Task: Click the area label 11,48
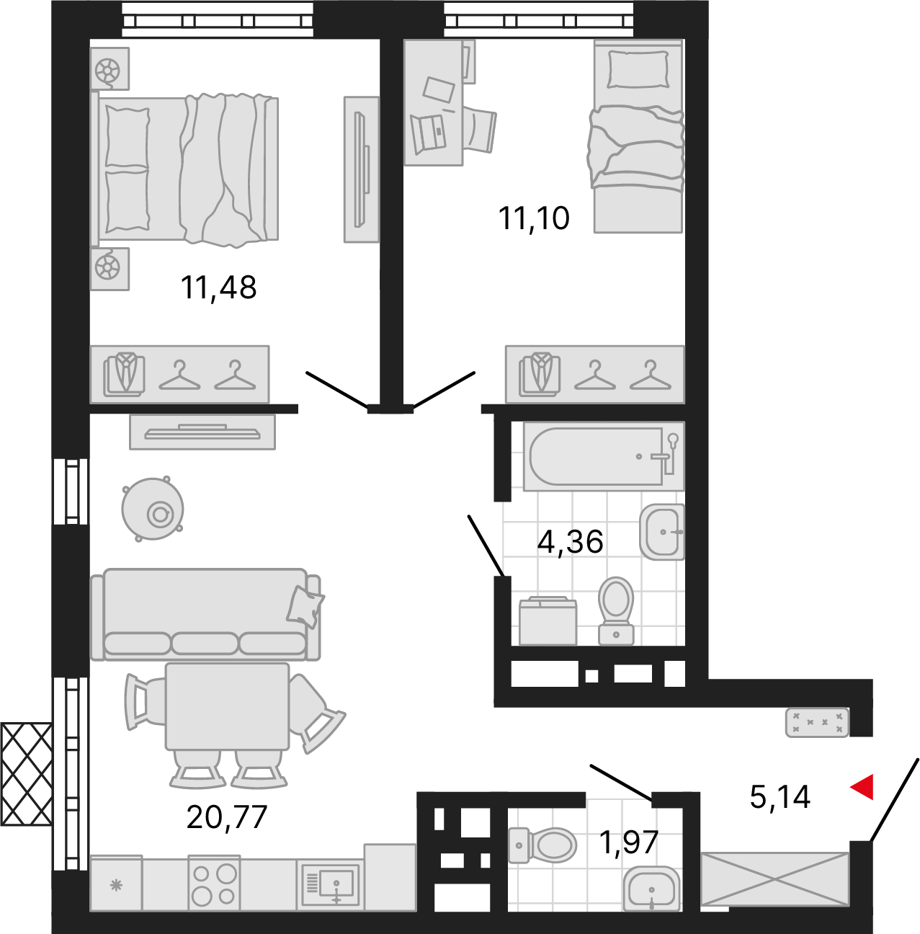click(x=218, y=288)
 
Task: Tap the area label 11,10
click(x=534, y=218)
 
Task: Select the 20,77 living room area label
click(x=227, y=817)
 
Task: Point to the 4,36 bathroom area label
click(x=570, y=542)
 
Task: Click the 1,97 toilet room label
click(x=628, y=842)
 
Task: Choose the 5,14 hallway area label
click(x=780, y=797)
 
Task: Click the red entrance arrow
click(x=863, y=786)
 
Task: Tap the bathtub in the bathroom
click(x=594, y=456)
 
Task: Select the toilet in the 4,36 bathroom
click(x=616, y=609)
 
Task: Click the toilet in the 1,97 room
click(x=544, y=845)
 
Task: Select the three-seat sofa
click(x=205, y=614)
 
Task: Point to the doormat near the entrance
click(x=817, y=722)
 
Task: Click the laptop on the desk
click(x=429, y=132)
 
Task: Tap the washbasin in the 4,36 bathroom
click(x=661, y=532)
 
